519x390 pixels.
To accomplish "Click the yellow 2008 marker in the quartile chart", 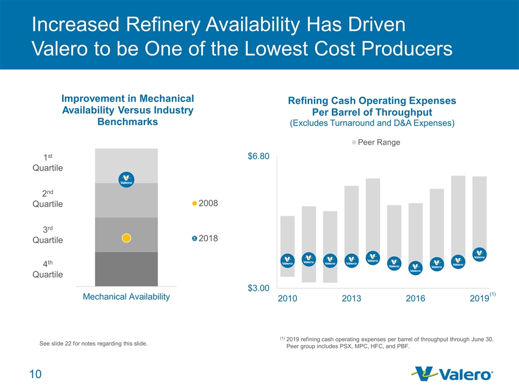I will tap(126, 238).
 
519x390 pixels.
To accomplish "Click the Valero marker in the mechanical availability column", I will tap(126, 179).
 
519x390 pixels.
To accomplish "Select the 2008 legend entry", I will tap(205, 203).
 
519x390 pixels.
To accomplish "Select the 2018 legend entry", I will tap(205, 238).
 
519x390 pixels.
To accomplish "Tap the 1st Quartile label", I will tap(48, 162).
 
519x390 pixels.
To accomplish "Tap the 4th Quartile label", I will tap(48, 269).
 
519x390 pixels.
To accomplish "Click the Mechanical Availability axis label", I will tap(126, 296).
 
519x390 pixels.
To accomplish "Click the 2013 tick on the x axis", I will tap(351, 298).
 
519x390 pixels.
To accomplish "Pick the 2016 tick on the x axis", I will tap(415, 298).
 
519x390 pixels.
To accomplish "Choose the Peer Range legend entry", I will tap(376, 142).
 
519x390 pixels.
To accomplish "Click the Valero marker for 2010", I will tap(288, 261).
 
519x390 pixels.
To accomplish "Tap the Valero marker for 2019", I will tap(480, 255).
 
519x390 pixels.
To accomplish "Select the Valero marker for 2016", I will tap(415, 268).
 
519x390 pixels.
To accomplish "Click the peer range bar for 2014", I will tap(372, 217).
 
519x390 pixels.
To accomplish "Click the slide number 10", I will tap(36, 374).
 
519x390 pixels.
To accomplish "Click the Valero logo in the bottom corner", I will tap(452, 374).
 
